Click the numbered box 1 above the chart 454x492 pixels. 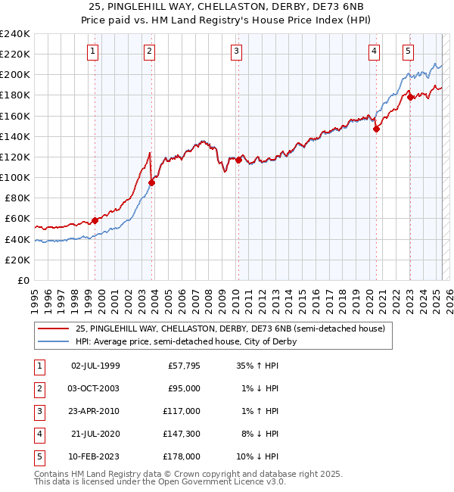click(x=92, y=51)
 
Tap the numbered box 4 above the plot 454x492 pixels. click(x=375, y=51)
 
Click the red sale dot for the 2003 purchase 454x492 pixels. click(x=151, y=182)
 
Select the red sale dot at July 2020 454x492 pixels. click(x=376, y=129)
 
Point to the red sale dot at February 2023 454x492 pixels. click(x=410, y=97)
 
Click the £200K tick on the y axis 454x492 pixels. click(x=15, y=75)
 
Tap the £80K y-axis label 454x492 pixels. click(x=17, y=198)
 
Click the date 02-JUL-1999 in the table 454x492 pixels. click(x=95, y=367)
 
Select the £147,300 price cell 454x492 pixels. click(x=182, y=434)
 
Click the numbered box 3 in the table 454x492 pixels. click(x=39, y=412)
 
